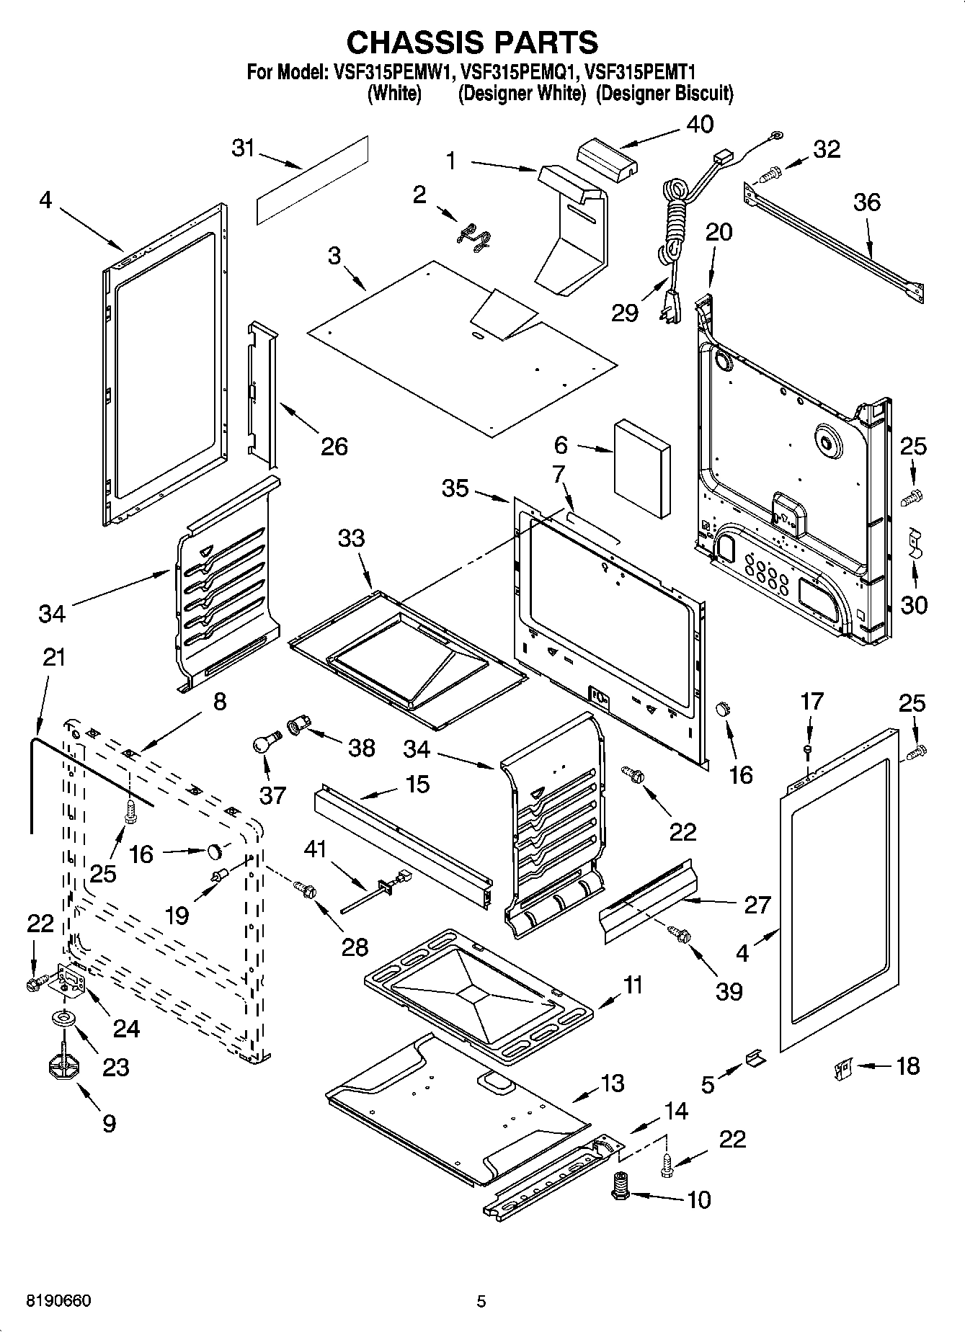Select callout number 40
pyautogui.click(x=700, y=124)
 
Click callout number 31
pyautogui.click(x=244, y=148)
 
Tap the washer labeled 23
pyautogui.click(x=65, y=1018)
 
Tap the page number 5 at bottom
pyautogui.click(x=481, y=1301)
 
